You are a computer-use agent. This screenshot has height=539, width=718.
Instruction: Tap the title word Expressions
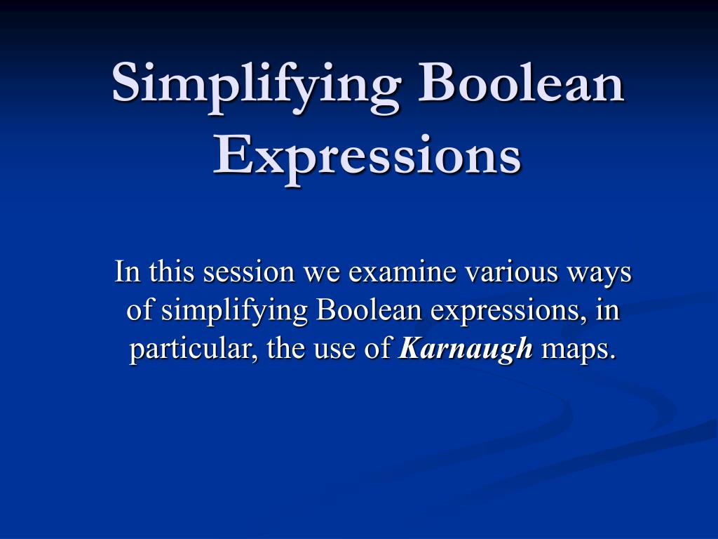367,156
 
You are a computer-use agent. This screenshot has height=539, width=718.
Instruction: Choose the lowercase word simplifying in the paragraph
236,311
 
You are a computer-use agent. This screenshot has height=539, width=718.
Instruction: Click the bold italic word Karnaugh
466,349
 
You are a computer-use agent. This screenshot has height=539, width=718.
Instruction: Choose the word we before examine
320,272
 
